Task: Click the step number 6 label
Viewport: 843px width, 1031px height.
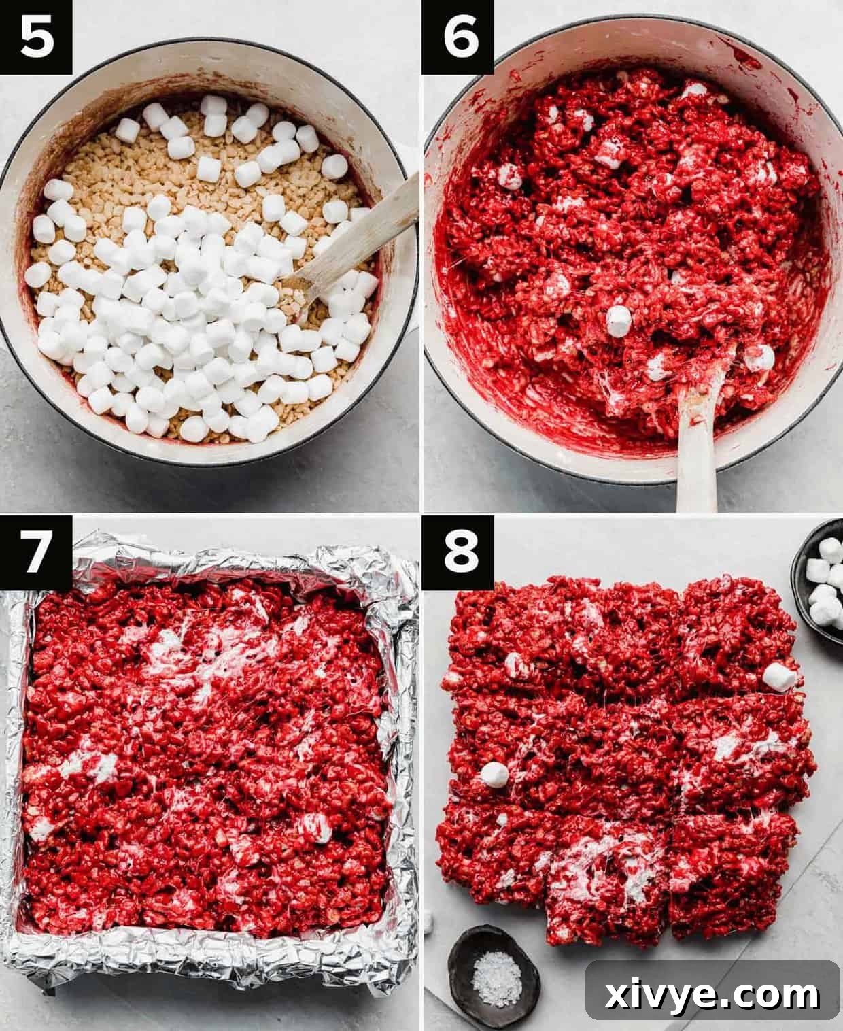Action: click(x=458, y=37)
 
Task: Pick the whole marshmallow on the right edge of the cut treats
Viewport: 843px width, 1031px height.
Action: click(x=779, y=676)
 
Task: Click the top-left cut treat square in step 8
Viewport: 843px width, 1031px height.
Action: click(x=503, y=632)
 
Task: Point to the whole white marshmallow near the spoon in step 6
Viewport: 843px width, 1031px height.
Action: click(x=619, y=321)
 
